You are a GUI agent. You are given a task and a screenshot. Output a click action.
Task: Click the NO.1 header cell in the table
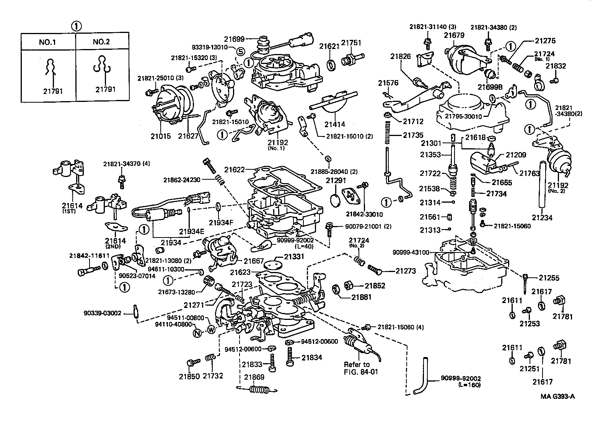[47, 42]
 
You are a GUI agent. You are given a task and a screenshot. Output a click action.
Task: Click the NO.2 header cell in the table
[101, 42]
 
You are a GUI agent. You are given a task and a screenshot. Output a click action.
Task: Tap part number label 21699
[234, 38]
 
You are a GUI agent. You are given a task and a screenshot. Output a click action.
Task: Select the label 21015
[161, 136]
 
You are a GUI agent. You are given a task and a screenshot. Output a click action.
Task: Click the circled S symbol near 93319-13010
[240, 51]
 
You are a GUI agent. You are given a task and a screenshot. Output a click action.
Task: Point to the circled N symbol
[197, 333]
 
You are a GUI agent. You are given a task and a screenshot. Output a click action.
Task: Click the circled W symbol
[211, 329]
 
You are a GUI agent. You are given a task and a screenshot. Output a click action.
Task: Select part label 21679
[454, 35]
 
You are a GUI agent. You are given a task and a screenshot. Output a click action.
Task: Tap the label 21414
[335, 124]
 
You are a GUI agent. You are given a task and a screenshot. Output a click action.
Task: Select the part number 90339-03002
[102, 313]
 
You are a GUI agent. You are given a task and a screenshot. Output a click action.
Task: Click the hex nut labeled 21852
[349, 286]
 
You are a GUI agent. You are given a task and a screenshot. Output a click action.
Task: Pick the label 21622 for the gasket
[235, 169]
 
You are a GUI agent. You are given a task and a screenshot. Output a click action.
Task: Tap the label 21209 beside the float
[516, 155]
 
